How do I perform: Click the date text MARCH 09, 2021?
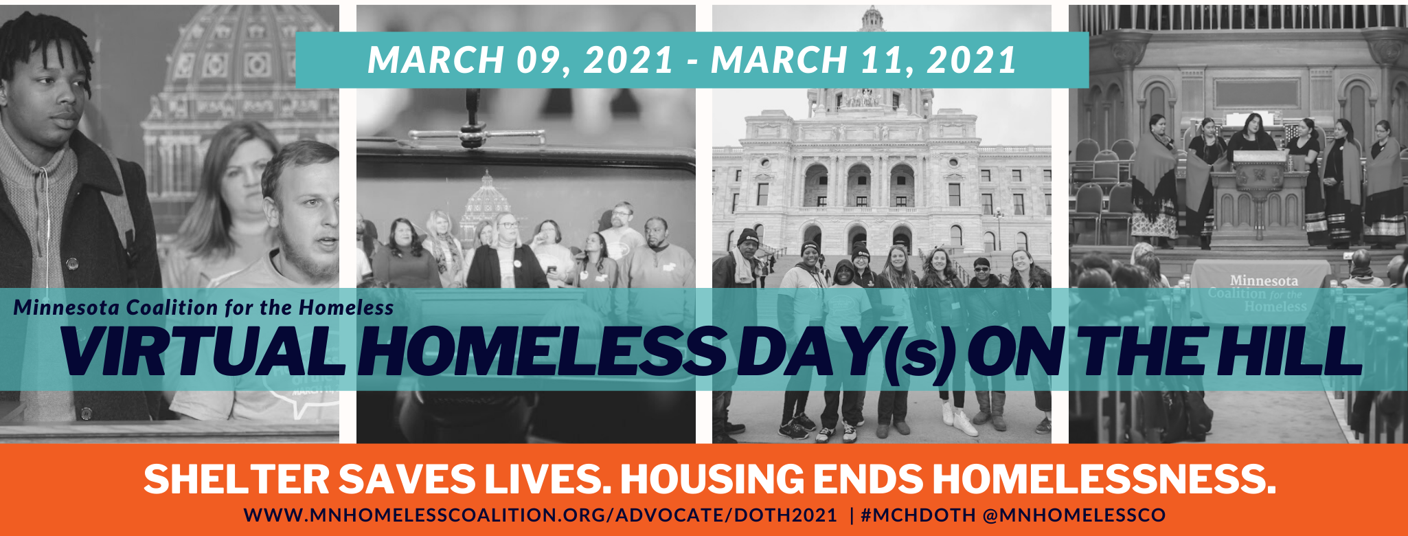click(x=521, y=60)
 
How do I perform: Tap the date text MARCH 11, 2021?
click(x=864, y=60)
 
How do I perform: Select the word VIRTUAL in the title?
click(x=203, y=351)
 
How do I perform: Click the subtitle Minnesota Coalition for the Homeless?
click(x=204, y=307)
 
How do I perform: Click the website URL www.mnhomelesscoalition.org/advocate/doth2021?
click(x=541, y=515)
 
